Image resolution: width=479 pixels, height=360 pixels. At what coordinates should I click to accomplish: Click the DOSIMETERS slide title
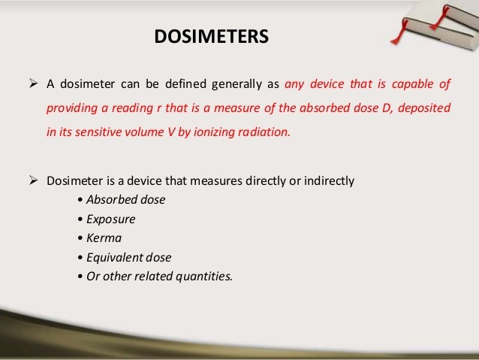point(211,35)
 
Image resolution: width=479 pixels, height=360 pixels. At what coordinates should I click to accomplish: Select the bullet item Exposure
point(111,219)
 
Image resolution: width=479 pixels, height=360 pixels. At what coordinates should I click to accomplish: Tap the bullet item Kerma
point(105,238)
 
